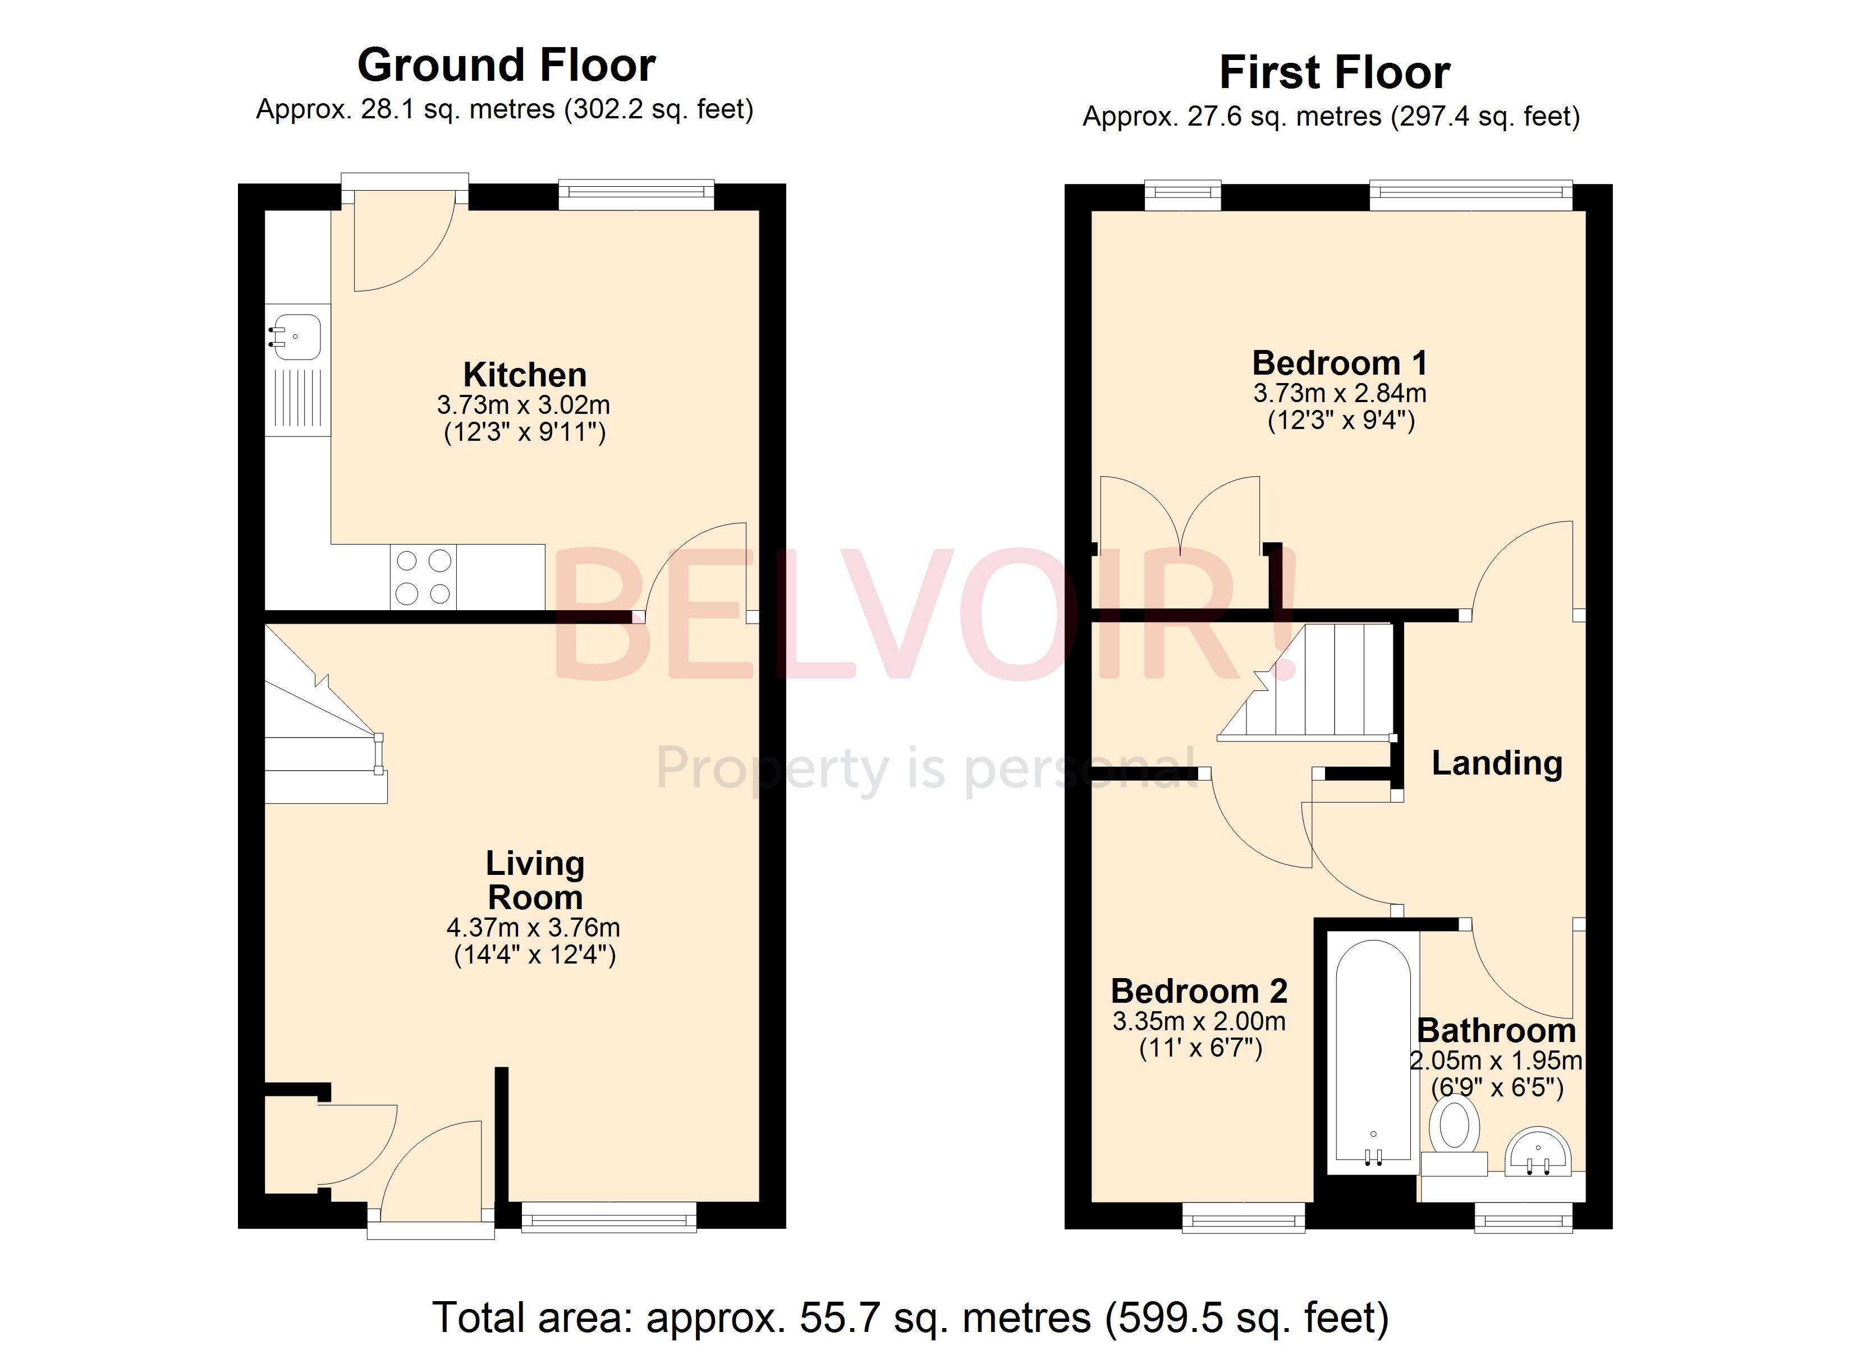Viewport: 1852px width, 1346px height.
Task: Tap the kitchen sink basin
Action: pyautogui.click(x=296, y=336)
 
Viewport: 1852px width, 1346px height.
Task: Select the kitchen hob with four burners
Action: pyautogui.click(x=423, y=577)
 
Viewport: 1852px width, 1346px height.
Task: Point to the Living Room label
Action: pyautogui.click(x=535, y=880)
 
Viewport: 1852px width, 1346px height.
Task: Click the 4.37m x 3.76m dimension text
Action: pyautogui.click(x=533, y=927)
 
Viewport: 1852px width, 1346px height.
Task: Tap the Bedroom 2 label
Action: pyautogui.click(x=1199, y=991)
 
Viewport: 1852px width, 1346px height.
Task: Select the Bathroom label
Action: pyautogui.click(x=1496, y=1030)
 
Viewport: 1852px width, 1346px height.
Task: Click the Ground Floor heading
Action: pyautogui.click(x=506, y=64)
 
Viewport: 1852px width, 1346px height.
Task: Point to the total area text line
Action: pyautogui.click(x=910, y=1317)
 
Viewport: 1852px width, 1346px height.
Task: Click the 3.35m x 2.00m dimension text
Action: pyautogui.click(x=1199, y=1021)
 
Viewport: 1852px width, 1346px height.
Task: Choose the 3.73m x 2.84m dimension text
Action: pyautogui.click(x=1339, y=393)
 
